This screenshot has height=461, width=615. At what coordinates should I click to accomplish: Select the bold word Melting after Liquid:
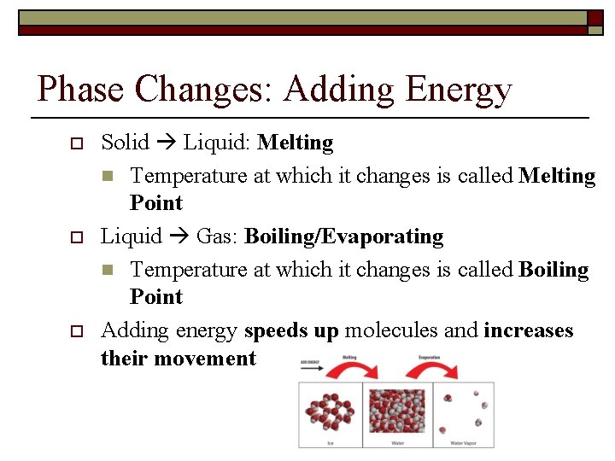tap(295, 143)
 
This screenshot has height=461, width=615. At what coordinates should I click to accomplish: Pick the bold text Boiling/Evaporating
tap(343, 236)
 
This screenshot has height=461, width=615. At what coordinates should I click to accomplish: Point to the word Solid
tap(126, 143)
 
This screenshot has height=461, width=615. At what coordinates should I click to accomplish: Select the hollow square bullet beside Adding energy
tap(75, 331)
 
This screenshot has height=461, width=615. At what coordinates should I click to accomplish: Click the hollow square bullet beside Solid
tap(75, 143)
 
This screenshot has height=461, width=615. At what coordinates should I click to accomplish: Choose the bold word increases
tap(528, 330)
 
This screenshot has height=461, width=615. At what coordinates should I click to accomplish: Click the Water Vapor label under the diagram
tap(462, 443)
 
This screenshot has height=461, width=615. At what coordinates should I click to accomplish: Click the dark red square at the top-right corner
tap(594, 17)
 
